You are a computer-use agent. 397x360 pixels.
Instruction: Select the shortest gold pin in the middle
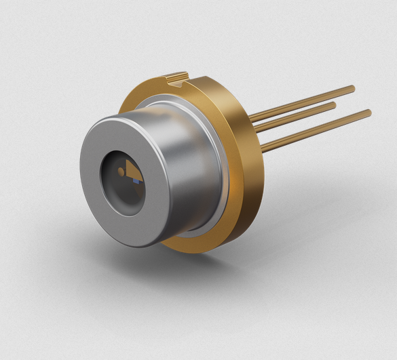(x=299, y=116)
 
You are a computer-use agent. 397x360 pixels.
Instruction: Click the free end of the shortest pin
(x=334, y=105)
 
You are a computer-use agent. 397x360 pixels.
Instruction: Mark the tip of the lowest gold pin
(x=368, y=112)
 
